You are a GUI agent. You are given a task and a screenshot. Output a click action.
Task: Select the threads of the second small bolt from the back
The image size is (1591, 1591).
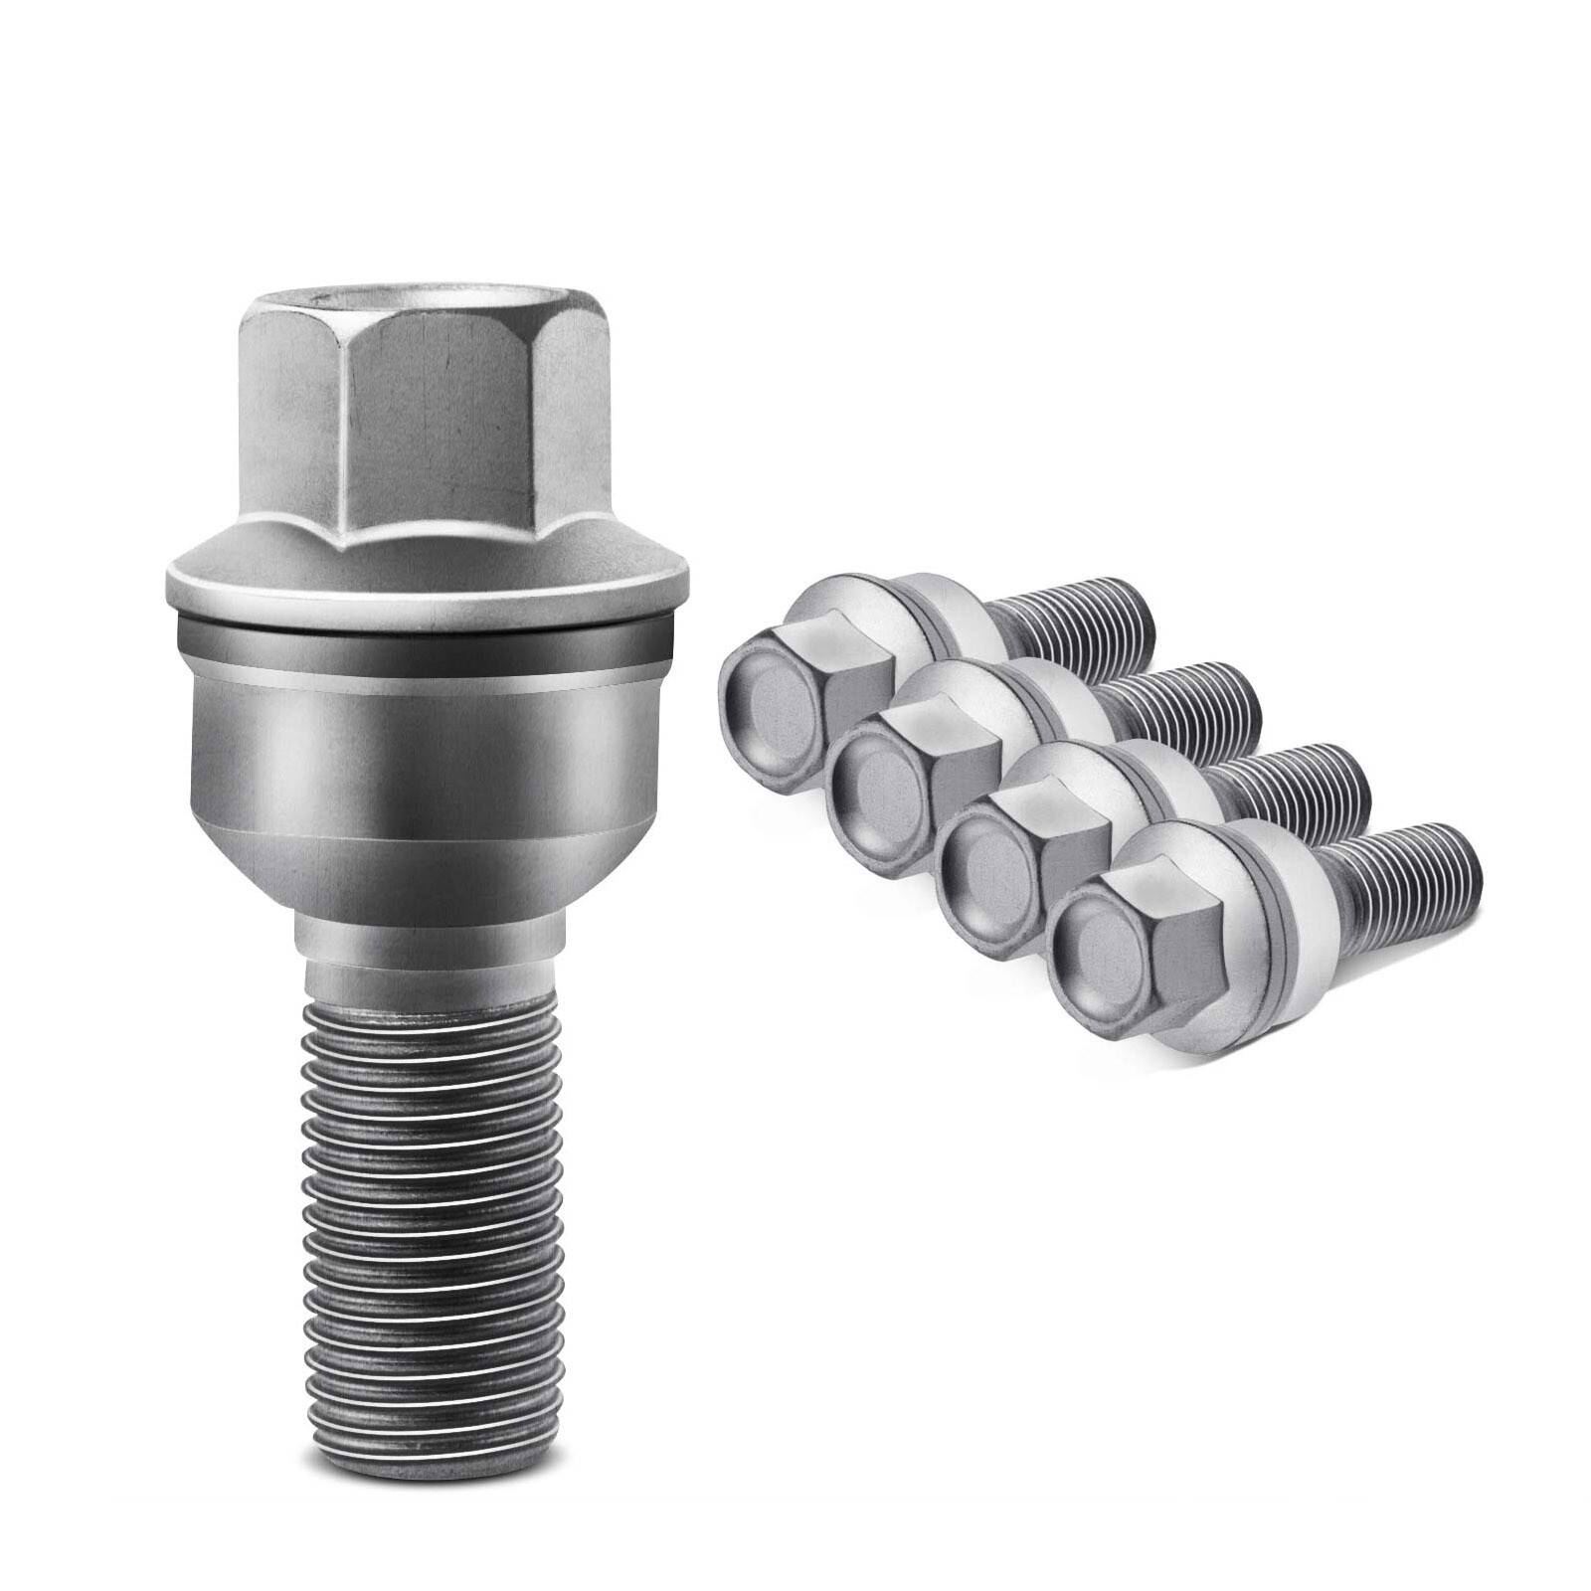1193,706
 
